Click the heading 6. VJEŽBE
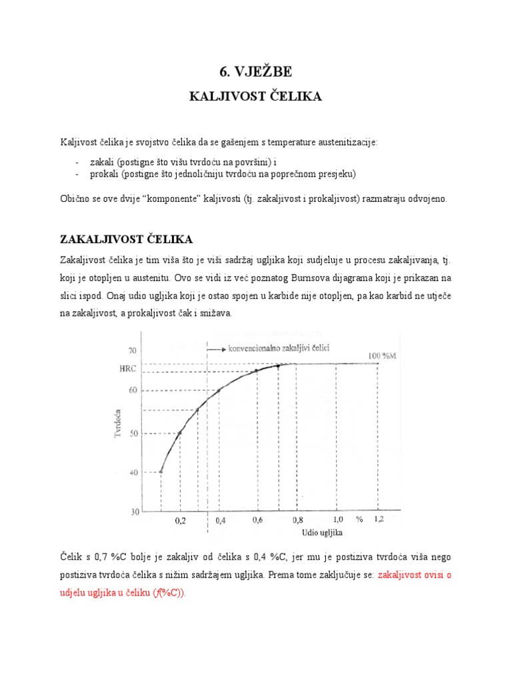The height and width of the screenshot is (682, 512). (256, 72)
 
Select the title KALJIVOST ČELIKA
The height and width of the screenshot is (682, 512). (256, 97)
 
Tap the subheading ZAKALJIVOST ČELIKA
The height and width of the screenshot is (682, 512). (127, 238)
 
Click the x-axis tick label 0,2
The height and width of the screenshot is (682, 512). (181, 522)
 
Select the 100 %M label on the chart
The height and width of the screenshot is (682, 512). (383, 356)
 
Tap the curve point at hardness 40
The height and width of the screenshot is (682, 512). (161, 472)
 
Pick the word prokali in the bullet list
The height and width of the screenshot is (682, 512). (103, 174)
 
